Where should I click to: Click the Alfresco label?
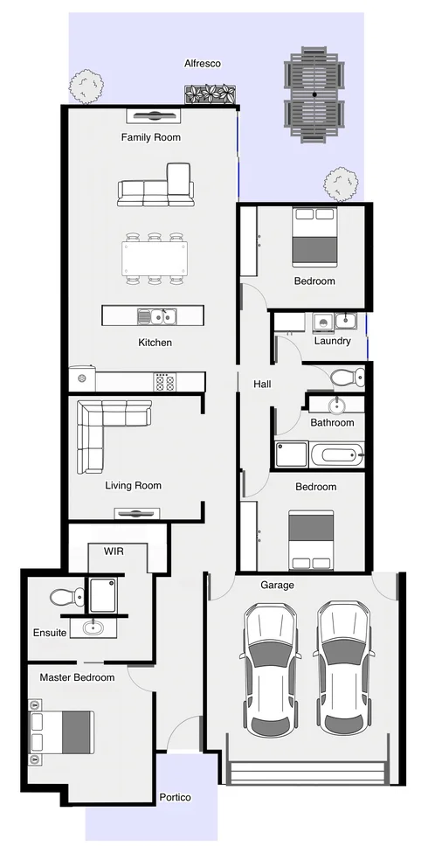point(202,64)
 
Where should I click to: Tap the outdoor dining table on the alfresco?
point(313,94)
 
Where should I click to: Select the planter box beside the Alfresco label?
point(211,94)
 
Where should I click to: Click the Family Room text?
point(151,137)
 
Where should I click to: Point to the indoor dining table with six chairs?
point(155,259)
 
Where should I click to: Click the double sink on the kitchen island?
point(157,316)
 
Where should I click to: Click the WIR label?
point(114,552)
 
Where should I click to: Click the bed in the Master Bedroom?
point(62,732)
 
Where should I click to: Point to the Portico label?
point(175,798)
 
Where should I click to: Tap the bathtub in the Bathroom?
point(336,454)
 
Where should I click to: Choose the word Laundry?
point(332,341)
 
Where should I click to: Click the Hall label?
point(262,385)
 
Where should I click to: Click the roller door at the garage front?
point(306,772)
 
